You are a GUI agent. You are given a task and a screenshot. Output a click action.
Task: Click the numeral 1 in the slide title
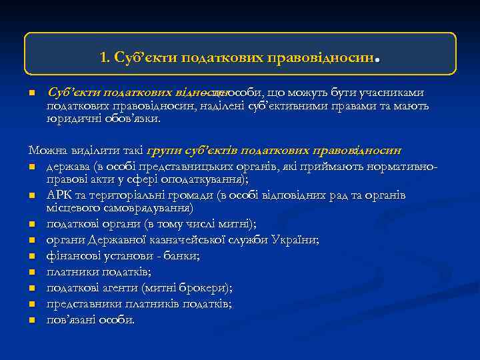pyautogui.click(x=103, y=57)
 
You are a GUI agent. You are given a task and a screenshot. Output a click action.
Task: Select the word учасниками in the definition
pyautogui.click(x=391, y=93)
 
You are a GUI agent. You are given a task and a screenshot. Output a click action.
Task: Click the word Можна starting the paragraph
pyautogui.click(x=45, y=150)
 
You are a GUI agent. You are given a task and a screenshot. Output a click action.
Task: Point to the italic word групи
pyautogui.click(x=161, y=150)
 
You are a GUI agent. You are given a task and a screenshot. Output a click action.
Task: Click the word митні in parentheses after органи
pyautogui.click(x=217, y=224)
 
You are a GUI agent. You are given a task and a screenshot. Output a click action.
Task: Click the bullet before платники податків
pyautogui.click(x=31, y=272)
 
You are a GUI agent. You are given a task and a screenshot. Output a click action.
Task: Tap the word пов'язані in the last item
pyautogui.click(x=71, y=320)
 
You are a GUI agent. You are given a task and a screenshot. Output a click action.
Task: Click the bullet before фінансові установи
pyautogui.click(x=31, y=256)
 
